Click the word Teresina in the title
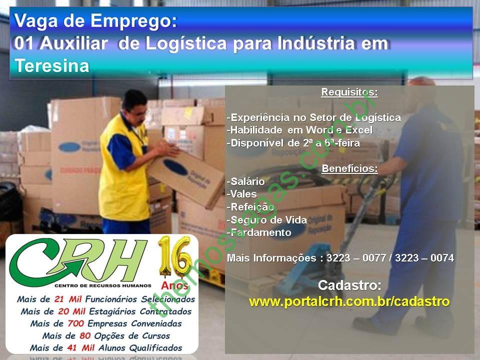51,65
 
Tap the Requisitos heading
349,92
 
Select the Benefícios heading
349,168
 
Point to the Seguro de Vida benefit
267,220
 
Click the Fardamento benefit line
259,232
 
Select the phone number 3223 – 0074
424,258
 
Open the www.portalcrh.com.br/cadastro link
349,302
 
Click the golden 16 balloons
175,256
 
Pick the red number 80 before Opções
85,336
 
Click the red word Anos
175,285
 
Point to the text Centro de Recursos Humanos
103,285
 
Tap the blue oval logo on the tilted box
175,167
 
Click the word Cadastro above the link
349,285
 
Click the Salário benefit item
246,181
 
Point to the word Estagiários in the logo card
112,311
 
